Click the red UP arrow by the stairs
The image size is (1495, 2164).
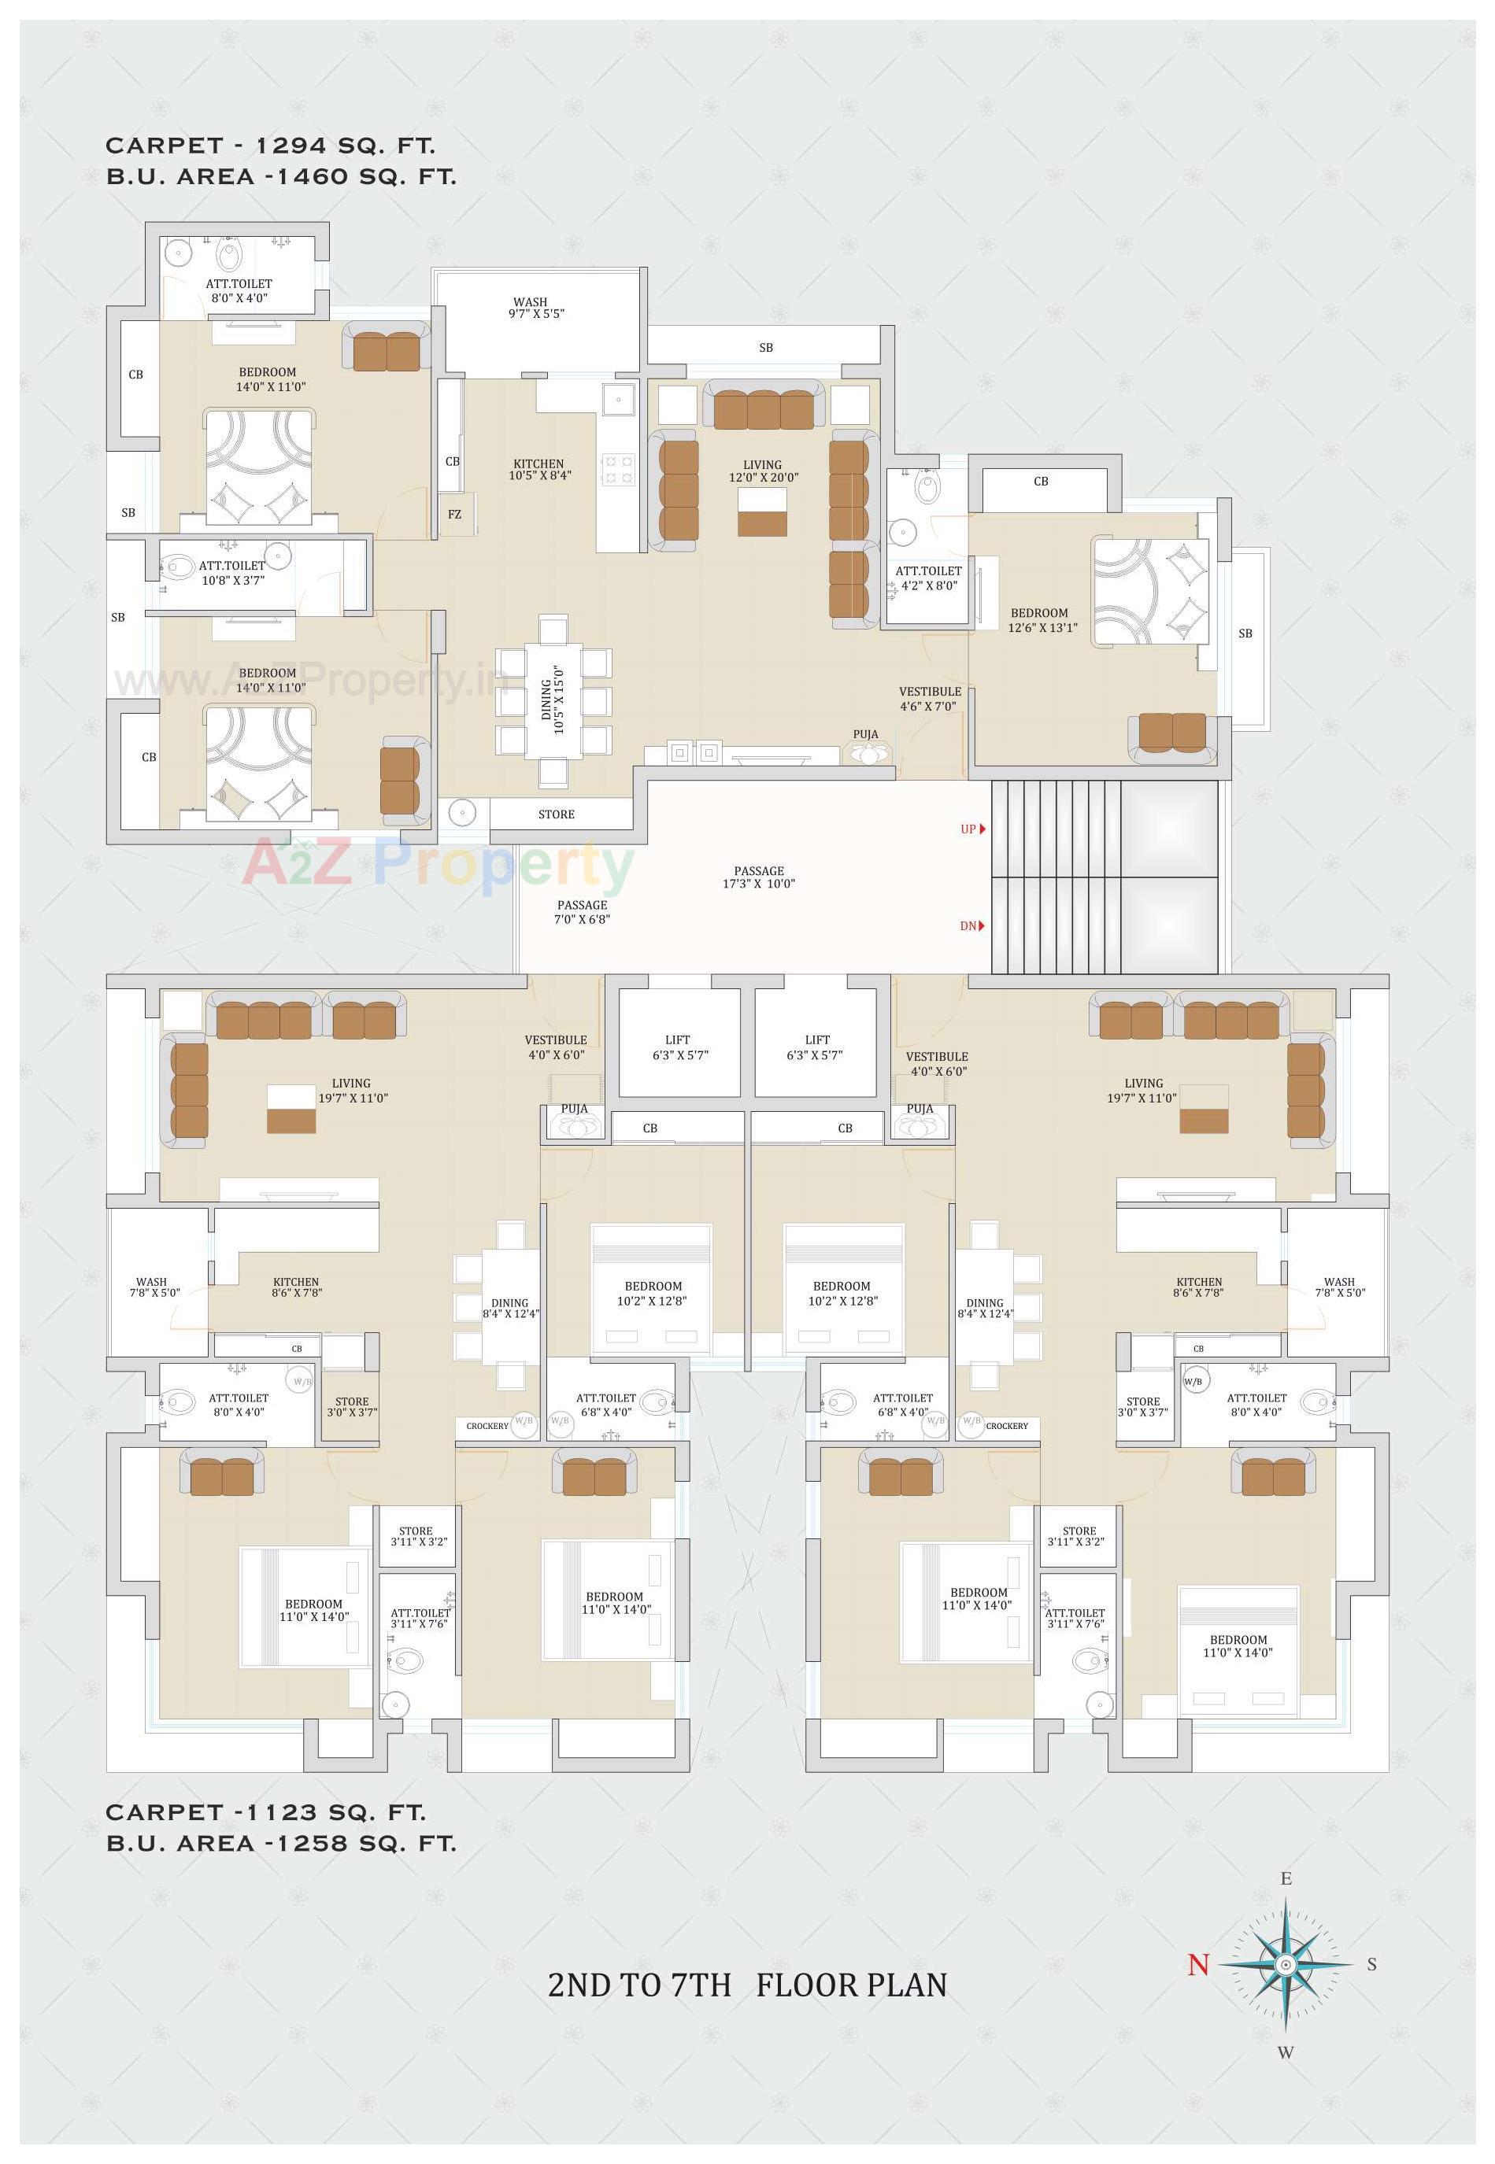click(982, 829)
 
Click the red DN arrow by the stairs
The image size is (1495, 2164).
click(982, 926)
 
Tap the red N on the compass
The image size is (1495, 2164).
click(1198, 1965)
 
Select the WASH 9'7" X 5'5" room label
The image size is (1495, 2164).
click(536, 308)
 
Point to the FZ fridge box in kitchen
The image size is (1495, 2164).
click(454, 514)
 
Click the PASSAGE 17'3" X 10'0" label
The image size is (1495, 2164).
click(758, 877)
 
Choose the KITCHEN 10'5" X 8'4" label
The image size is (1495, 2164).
click(538, 469)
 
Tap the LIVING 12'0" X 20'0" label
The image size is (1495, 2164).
click(763, 471)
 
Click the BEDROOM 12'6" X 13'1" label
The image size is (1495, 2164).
click(1042, 620)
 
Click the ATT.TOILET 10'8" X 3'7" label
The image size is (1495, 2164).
click(232, 572)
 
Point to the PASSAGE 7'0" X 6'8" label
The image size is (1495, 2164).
click(582, 912)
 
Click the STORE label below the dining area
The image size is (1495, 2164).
click(556, 814)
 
